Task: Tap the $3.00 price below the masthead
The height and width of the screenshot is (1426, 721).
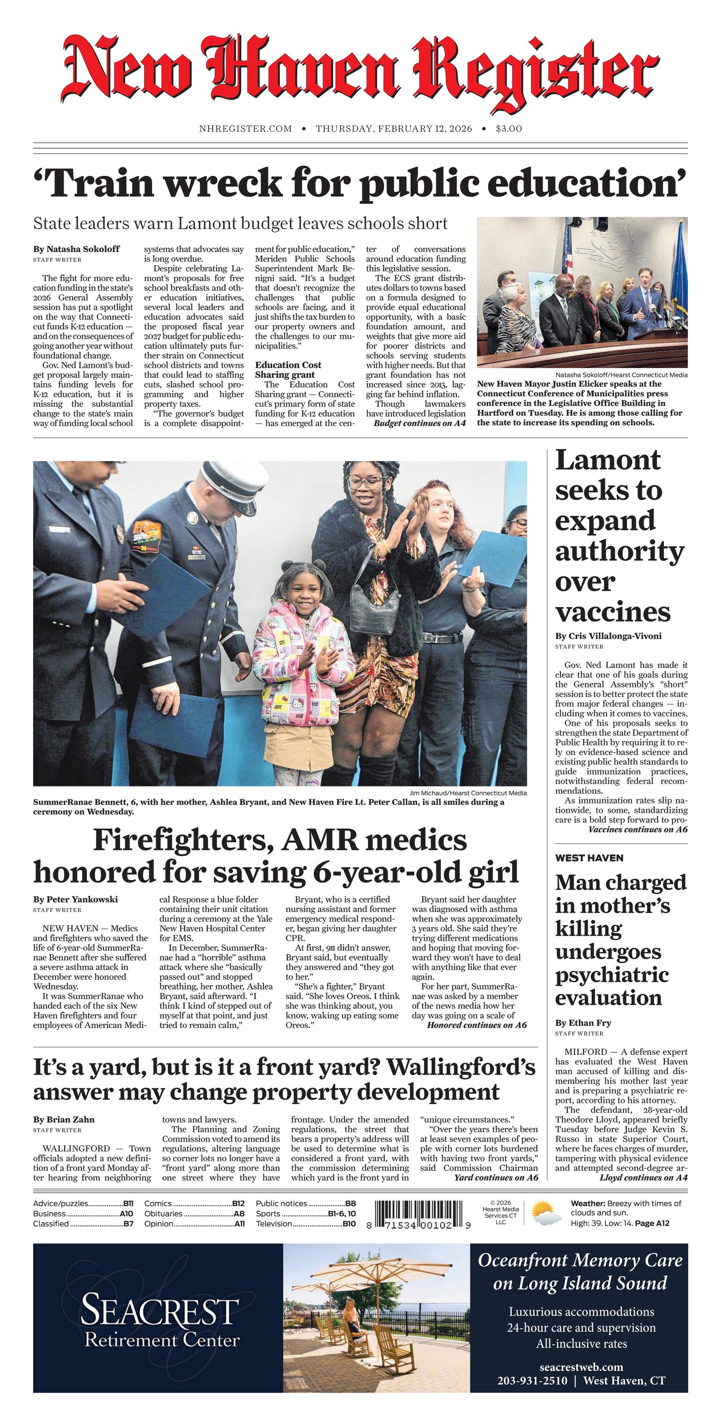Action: tap(509, 129)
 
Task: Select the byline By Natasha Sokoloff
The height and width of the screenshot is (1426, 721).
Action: tap(76, 249)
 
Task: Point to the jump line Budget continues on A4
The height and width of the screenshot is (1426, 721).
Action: tap(419, 423)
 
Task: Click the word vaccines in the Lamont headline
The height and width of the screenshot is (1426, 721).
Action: tap(613, 612)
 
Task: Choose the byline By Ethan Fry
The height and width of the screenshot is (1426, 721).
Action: tap(583, 1023)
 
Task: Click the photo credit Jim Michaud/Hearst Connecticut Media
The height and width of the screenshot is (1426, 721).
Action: tap(468, 793)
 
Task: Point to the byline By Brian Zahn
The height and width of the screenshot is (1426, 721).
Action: tap(64, 1119)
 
